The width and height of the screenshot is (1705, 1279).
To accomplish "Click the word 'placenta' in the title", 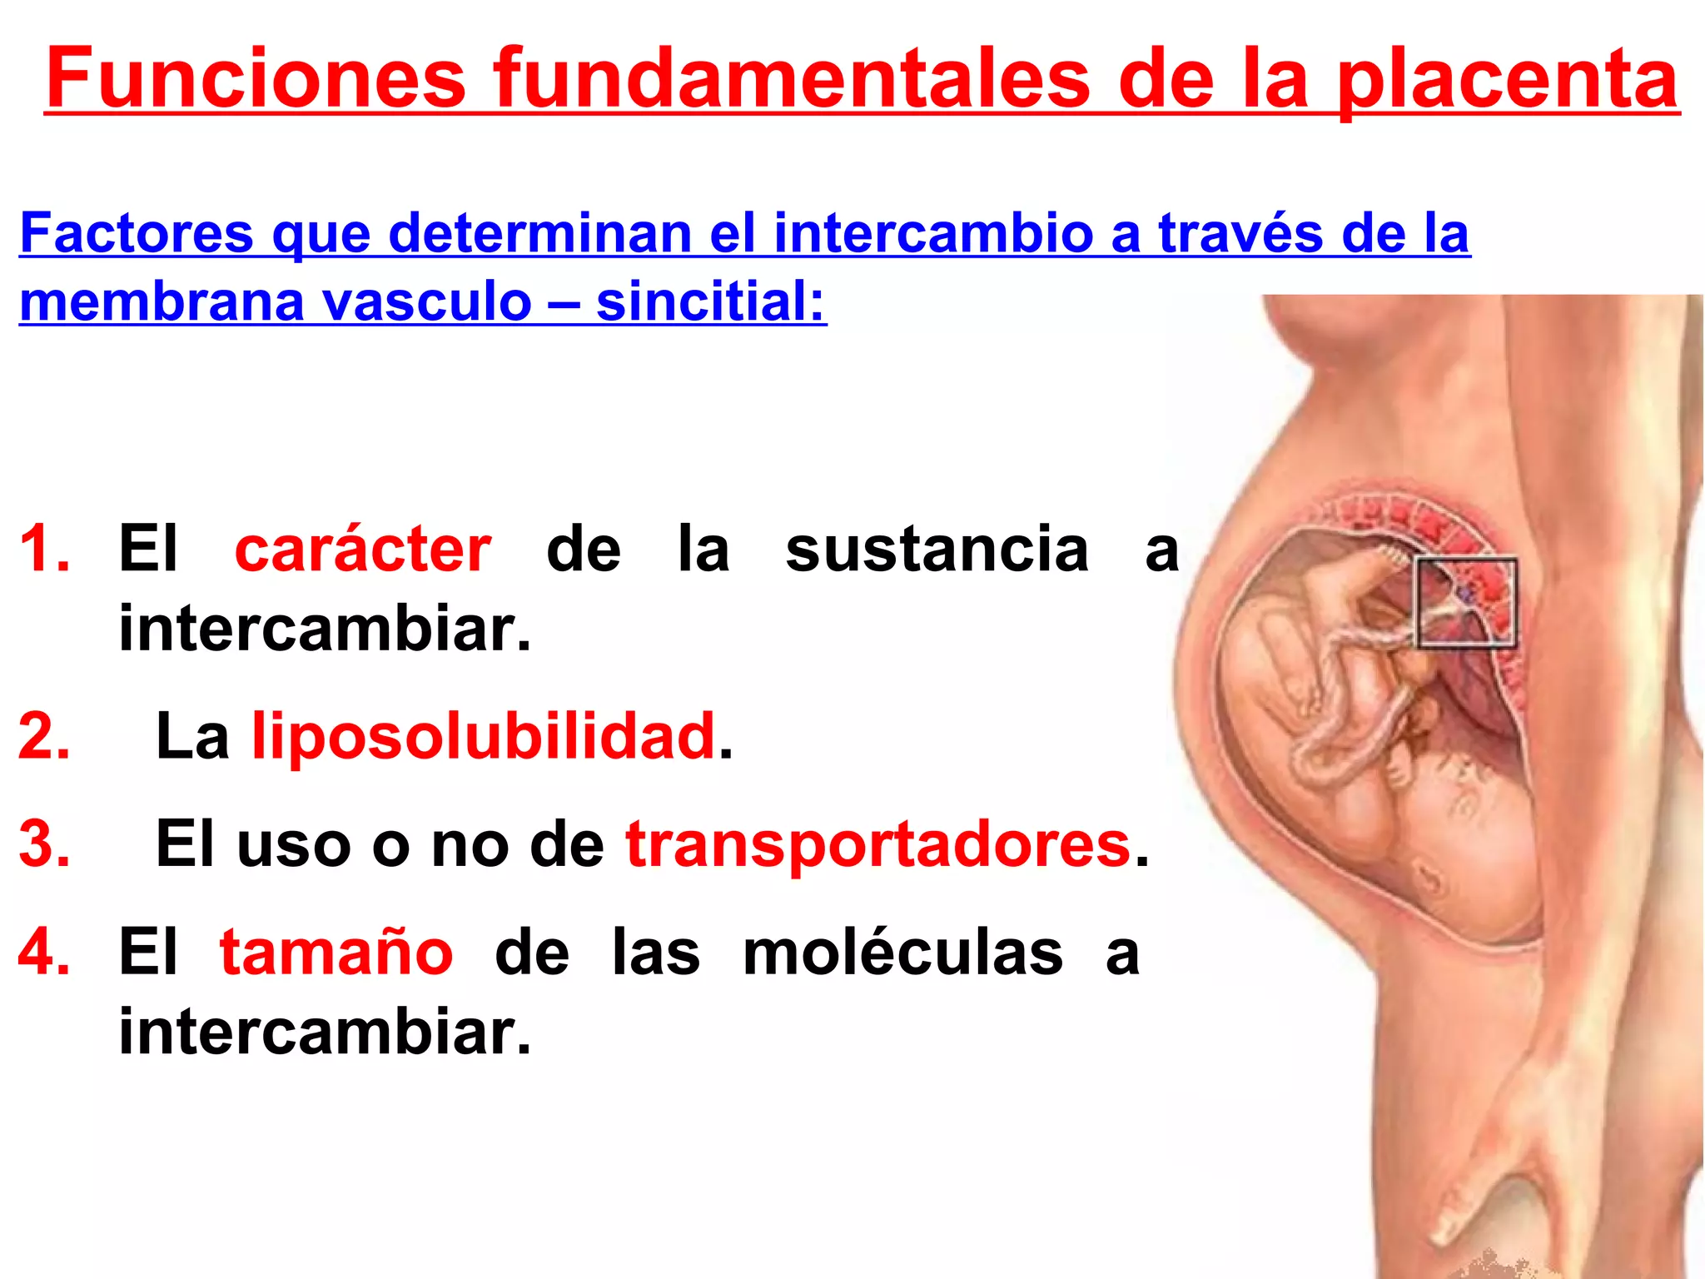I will coord(1507,79).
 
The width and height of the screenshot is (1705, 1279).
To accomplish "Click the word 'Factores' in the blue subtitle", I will coord(137,232).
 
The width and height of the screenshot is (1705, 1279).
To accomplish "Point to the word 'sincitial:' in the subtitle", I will coord(711,301).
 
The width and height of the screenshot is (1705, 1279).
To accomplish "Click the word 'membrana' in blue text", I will coord(162,301).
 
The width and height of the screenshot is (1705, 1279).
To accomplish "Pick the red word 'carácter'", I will coord(363,550).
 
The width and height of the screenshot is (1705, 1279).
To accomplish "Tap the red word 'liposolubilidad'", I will coord(484,736).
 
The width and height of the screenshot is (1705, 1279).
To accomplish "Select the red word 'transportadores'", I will coord(878,844).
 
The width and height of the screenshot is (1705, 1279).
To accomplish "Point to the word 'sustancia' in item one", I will coord(937,550).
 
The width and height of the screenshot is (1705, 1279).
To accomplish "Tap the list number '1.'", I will coord(45,550).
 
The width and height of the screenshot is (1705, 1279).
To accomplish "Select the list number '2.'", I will coord(45,736).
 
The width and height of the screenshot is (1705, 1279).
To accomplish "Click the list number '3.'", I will coord(45,844).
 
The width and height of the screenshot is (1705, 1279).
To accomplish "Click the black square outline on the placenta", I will coord(1465,603).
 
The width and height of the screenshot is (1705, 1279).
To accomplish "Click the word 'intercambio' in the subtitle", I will coord(933,232).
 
